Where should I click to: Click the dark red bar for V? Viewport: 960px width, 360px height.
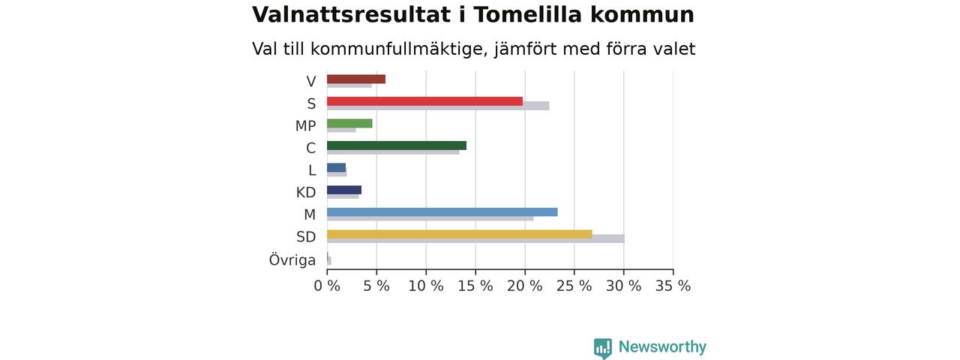pos(356,79)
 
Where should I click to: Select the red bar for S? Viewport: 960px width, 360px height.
pos(424,101)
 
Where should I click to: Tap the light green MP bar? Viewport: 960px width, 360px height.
pos(349,124)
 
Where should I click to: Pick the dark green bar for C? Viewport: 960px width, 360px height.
pos(397,145)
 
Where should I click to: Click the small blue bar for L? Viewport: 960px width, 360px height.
pos(337,168)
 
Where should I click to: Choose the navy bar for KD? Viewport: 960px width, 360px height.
pos(344,190)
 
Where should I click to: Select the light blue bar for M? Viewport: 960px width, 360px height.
pos(442,212)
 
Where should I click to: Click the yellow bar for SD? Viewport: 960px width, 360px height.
pos(460,235)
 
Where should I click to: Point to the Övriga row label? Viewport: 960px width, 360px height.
pos(292,259)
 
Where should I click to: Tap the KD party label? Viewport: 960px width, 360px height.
pos(305,193)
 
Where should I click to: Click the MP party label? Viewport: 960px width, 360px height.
pos(305,126)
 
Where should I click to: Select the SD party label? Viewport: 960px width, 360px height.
pos(306,236)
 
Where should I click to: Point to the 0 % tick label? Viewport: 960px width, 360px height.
pos(327,286)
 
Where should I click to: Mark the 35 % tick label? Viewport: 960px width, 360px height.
pos(673,286)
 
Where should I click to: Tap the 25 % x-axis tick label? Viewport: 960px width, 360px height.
pos(574,286)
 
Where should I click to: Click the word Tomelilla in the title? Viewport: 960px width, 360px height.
pos(527,14)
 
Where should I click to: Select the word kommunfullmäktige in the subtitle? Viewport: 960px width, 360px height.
pos(400,49)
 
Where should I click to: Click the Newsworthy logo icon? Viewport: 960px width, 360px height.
pos(603,347)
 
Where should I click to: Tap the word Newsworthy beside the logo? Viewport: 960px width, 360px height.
pos(662,346)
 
